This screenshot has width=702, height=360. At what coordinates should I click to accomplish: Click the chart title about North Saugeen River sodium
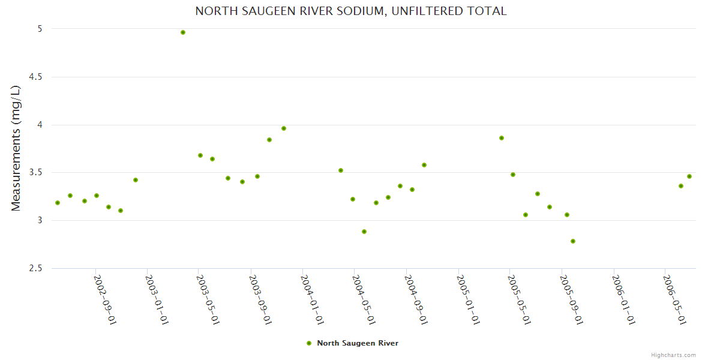pyautogui.click(x=351, y=11)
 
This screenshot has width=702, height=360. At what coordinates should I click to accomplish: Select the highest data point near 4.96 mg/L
pyautogui.click(x=183, y=32)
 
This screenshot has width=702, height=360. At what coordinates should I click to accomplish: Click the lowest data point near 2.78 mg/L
pyautogui.click(x=573, y=241)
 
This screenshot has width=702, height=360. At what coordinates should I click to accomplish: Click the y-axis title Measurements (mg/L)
pyautogui.click(x=16, y=148)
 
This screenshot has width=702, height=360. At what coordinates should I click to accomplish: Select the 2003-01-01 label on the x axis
pyautogui.click(x=157, y=299)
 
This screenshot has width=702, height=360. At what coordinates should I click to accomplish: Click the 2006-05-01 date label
pyautogui.click(x=674, y=299)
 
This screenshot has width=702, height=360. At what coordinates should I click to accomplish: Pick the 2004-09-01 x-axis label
pyautogui.click(x=416, y=299)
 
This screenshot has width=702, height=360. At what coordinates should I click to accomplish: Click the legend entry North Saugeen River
pyautogui.click(x=357, y=343)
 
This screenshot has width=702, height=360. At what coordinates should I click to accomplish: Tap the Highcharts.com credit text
pyautogui.click(x=673, y=355)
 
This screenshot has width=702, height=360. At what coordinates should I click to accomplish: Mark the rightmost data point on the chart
pyautogui.click(x=689, y=176)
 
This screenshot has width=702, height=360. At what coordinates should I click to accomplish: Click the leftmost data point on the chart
pyautogui.click(x=58, y=203)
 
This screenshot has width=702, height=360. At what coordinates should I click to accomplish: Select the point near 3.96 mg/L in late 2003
pyautogui.click(x=284, y=128)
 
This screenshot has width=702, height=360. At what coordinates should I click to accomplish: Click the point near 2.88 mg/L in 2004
pyautogui.click(x=364, y=232)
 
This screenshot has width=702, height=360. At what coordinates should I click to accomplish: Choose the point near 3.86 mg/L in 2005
pyautogui.click(x=502, y=138)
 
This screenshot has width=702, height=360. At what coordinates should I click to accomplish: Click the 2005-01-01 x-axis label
pyautogui.click(x=468, y=299)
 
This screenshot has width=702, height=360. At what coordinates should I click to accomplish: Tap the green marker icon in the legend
pyautogui.click(x=309, y=343)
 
